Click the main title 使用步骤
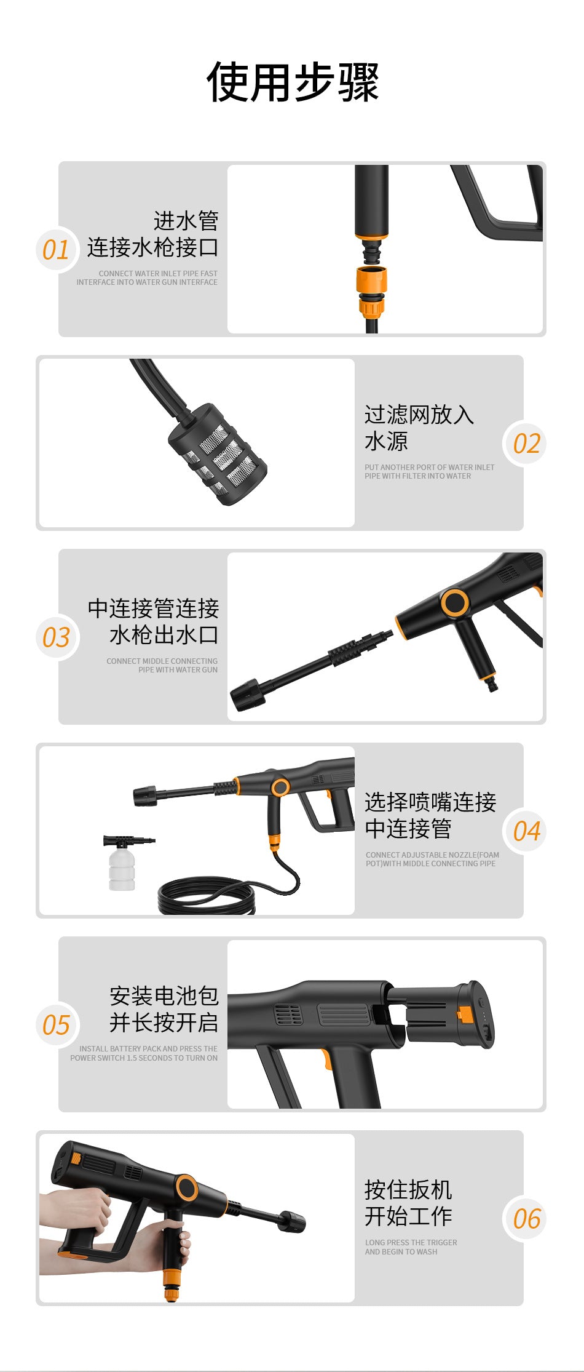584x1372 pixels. (x=293, y=82)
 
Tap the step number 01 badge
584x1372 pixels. (x=56, y=250)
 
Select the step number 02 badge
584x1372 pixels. (x=526, y=444)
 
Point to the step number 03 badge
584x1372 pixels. (x=56, y=637)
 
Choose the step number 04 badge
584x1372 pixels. (x=526, y=831)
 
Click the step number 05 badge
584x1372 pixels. (x=56, y=1025)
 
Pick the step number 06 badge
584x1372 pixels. (x=526, y=1219)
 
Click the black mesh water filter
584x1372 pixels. (x=218, y=455)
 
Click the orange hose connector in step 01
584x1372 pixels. (x=371, y=290)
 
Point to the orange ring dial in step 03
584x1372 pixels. (x=454, y=603)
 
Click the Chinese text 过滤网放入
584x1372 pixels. (x=419, y=415)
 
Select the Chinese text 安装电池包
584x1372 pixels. (x=164, y=995)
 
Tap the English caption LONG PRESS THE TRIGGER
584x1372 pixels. (x=411, y=1242)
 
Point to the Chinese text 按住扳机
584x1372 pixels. (x=408, y=1189)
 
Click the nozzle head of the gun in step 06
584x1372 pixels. (x=291, y=1221)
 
